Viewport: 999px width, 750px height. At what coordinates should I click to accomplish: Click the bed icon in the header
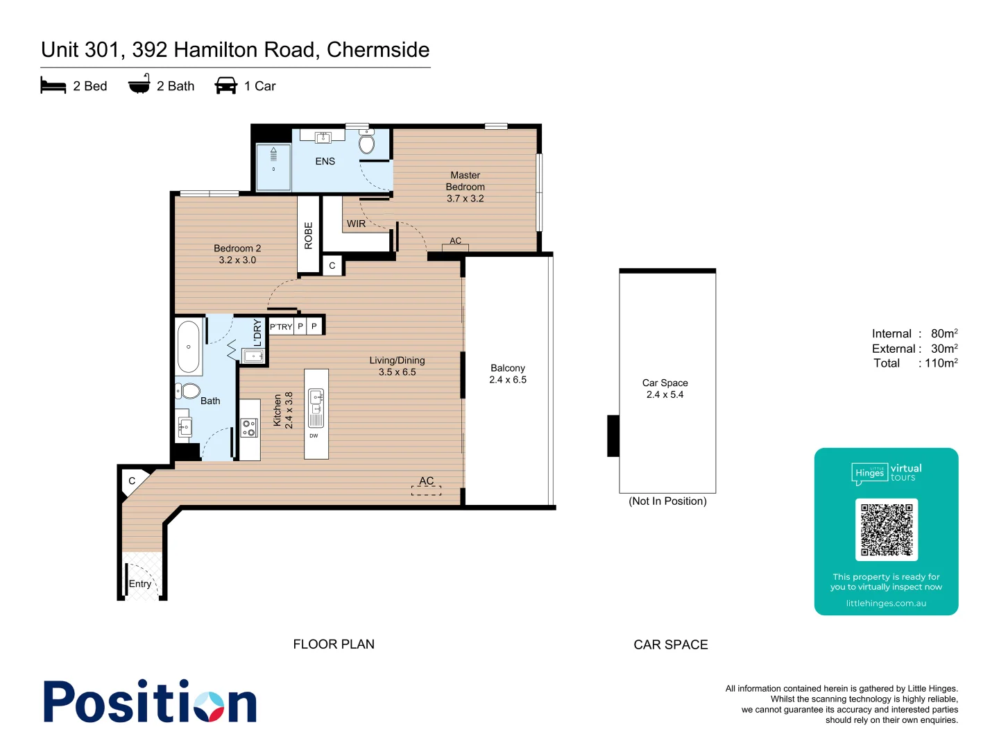click(53, 86)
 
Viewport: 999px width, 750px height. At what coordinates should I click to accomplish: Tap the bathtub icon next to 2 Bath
click(139, 84)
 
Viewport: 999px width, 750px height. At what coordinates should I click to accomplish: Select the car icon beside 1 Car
click(226, 85)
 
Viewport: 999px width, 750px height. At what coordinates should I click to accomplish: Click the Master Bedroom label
click(465, 187)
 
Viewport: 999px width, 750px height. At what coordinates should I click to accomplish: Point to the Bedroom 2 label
click(237, 254)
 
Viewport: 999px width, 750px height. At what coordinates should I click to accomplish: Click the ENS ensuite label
click(325, 161)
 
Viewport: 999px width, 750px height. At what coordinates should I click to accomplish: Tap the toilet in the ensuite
click(367, 143)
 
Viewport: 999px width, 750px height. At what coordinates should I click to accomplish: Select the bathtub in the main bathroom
click(189, 347)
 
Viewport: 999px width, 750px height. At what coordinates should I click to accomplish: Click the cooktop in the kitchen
click(248, 428)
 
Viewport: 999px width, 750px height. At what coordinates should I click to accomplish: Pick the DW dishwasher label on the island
click(314, 436)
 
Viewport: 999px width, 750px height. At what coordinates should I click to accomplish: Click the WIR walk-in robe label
click(356, 224)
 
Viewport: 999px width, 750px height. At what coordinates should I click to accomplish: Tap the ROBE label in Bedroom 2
click(309, 235)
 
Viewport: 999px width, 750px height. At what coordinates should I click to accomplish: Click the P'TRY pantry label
click(281, 326)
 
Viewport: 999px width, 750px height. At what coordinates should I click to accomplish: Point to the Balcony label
click(508, 374)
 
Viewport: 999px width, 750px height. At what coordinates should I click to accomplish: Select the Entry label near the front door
click(140, 584)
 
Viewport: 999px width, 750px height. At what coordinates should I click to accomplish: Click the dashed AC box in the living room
click(426, 489)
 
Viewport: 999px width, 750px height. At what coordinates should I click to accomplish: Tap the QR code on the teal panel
click(886, 529)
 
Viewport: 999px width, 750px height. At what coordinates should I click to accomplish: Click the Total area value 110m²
click(941, 363)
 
